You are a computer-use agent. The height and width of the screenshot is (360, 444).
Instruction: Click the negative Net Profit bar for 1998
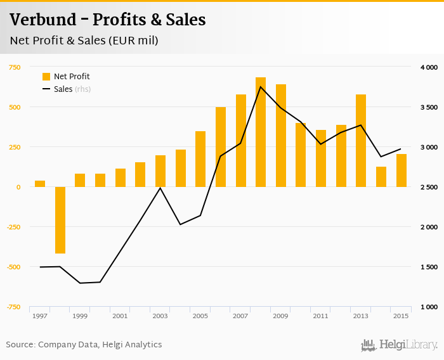click(60, 220)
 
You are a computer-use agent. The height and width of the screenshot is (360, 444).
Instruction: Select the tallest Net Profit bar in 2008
click(261, 132)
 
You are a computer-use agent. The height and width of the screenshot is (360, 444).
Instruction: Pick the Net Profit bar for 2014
click(381, 177)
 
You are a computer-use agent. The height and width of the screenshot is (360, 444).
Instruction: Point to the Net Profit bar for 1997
click(40, 184)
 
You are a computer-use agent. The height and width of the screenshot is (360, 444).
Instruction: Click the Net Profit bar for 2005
click(200, 158)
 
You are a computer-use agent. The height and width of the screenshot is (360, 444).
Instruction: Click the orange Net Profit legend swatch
click(46, 77)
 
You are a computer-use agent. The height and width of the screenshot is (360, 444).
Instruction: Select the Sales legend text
click(63, 89)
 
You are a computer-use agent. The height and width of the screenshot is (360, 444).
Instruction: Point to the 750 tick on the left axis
click(15, 67)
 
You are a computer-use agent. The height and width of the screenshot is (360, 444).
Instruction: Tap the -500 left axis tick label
click(13, 267)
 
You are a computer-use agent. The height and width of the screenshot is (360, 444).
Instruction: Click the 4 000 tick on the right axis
click(429, 67)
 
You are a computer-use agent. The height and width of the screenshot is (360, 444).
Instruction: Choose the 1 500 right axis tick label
click(429, 267)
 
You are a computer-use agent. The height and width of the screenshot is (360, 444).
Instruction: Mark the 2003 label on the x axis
click(160, 316)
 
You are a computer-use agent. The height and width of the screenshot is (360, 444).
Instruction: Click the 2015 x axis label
click(401, 316)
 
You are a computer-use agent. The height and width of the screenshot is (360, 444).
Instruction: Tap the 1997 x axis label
click(40, 316)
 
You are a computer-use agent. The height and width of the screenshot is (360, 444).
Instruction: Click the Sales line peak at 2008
click(261, 87)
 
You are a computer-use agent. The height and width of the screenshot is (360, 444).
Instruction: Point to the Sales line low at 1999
click(80, 283)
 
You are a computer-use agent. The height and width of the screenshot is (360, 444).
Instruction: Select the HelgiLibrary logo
click(399, 345)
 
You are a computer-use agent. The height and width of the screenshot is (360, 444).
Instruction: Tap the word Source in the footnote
click(20, 345)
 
